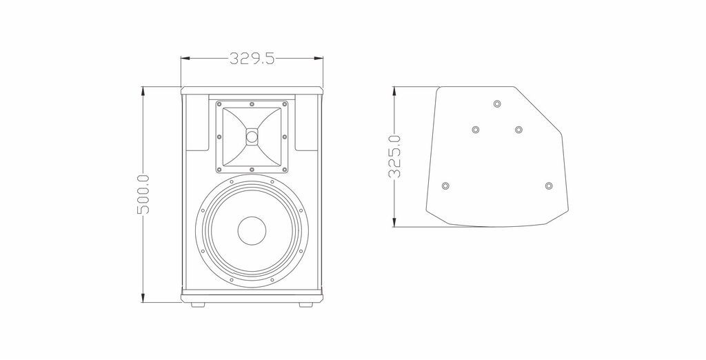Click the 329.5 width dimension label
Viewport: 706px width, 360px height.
(x=252, y=59)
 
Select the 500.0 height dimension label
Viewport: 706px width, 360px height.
(x=143, y=194)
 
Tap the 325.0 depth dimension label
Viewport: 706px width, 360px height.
(x=395, y=157)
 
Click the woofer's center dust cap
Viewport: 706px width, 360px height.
(x=252, y=230)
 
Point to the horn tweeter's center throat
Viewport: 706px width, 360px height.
(x=252, y=136)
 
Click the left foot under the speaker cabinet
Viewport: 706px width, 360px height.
(x=198, y=305)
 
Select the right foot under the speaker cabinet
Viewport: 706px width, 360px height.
(x=305, y=305)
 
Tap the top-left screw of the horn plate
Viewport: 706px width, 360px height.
(x=220, y=105)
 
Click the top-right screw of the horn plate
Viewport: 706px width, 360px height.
(x=285, y=105)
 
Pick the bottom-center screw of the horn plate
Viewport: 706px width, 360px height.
(x=252, y=170)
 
